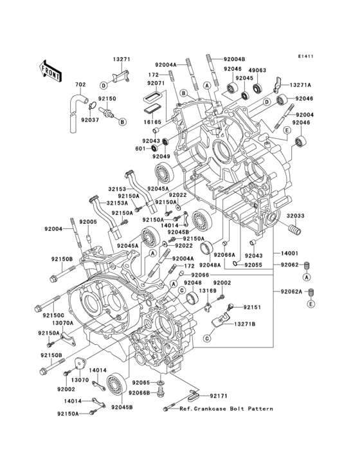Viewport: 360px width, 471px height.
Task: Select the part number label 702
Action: [80, 85]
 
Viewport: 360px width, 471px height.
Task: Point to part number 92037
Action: [89, 119]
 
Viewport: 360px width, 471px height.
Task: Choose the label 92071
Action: [156, 84]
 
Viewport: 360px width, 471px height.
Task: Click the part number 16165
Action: [152, 121]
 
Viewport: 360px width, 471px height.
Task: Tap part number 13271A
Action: [300, 85]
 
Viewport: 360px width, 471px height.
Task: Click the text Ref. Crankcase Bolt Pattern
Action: [226, 409]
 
